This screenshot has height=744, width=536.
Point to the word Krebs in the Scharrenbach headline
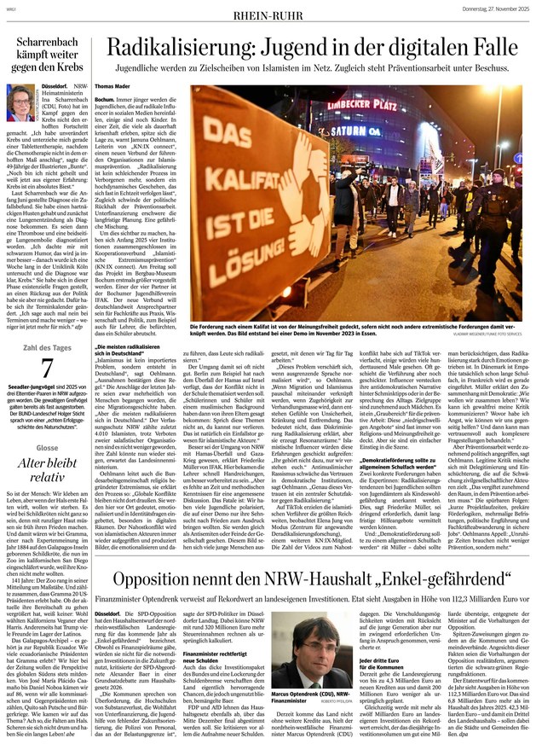76,67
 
